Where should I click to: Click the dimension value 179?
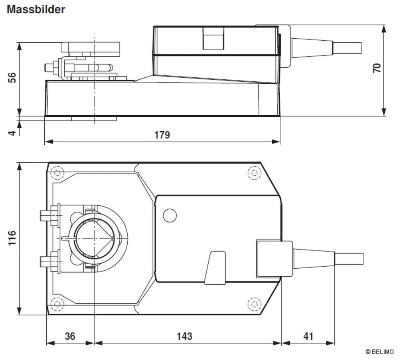[162, 135]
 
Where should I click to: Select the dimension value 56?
[12, 77]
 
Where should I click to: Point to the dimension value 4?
[12, 132]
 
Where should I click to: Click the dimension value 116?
[12, 238]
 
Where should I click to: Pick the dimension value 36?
[70, 336]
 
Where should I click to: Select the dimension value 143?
[184, 336]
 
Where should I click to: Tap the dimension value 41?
[308, 336]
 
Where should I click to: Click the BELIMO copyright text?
[379, 352]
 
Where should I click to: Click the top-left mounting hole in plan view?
[57, 173]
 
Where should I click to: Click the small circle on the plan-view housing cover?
[170, 216]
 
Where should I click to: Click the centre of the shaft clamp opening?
[94, 238]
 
